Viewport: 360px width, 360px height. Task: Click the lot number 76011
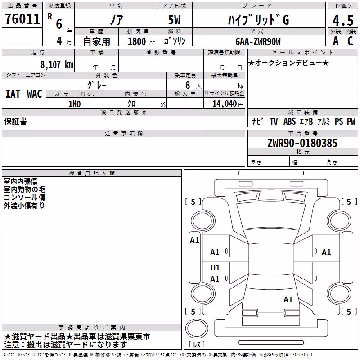point(22,19)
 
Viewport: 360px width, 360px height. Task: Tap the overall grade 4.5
point(343,20)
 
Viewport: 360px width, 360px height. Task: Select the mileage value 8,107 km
point(57,65)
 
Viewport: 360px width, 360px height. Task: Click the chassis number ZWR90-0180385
point(302,143)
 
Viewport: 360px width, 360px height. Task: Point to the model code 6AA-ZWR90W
point(258,41)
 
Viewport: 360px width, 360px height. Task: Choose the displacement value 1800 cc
point(141,42)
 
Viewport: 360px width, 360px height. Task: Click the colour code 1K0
point(75,104)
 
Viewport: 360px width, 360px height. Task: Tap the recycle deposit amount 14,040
point(225,104)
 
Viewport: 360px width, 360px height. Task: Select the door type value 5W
point(174,20)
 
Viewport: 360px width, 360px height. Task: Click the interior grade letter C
point(350,41)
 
